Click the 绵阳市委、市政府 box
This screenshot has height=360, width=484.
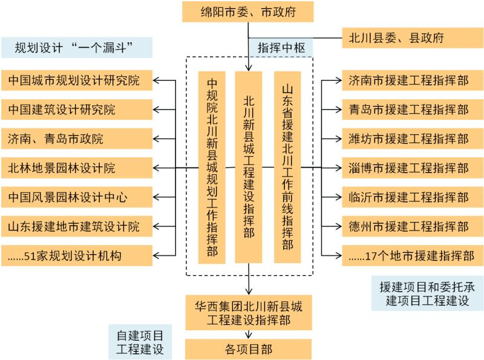click(x=248, y=11)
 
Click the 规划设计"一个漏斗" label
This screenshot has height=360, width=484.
click(x=76, y=47)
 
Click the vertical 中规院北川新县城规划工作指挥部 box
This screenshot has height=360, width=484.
click(x=212, y=168)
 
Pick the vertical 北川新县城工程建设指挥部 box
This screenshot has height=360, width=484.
click(x=249, y=168)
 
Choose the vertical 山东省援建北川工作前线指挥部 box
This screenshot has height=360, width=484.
click(x=287, y=168)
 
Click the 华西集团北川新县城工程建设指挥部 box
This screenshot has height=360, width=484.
click(x=248, y=312)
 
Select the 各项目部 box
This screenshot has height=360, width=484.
click(x=248, y=349)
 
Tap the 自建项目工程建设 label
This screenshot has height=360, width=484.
click(x=139, y=342)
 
